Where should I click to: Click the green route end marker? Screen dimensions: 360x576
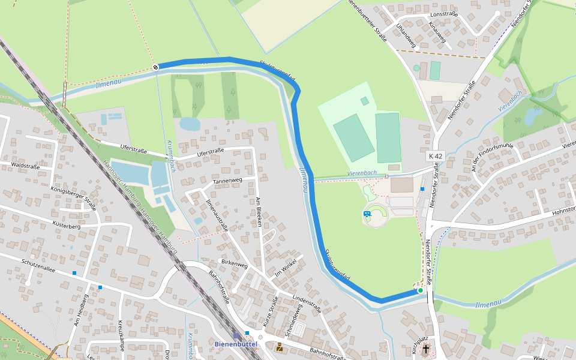tap(421, 290)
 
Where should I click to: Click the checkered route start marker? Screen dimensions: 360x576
tap(155, 67)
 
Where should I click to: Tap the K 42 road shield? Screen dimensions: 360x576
tap(436, 156)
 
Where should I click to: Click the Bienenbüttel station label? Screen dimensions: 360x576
tap(236, 344)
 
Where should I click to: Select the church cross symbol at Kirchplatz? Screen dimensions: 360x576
tap(426, 348)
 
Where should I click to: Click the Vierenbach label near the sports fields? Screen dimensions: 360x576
tap(362, 173)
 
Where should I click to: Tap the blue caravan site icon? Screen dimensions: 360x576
tap(367, 214)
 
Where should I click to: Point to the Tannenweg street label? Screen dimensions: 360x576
tap(227, 180)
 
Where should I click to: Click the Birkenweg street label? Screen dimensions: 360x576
tap(234, 263)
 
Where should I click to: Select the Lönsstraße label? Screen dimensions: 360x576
tap(444, 14)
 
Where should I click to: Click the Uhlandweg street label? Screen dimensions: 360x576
tap(406, 35)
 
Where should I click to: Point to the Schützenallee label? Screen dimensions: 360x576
tap(38, 266)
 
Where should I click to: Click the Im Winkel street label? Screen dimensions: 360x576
tap(286, 272)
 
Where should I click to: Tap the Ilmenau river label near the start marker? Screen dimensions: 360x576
tap(109, 85)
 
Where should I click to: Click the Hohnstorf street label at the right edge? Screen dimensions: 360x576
tap(563, 210)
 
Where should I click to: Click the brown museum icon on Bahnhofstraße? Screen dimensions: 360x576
tap(280, 347)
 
